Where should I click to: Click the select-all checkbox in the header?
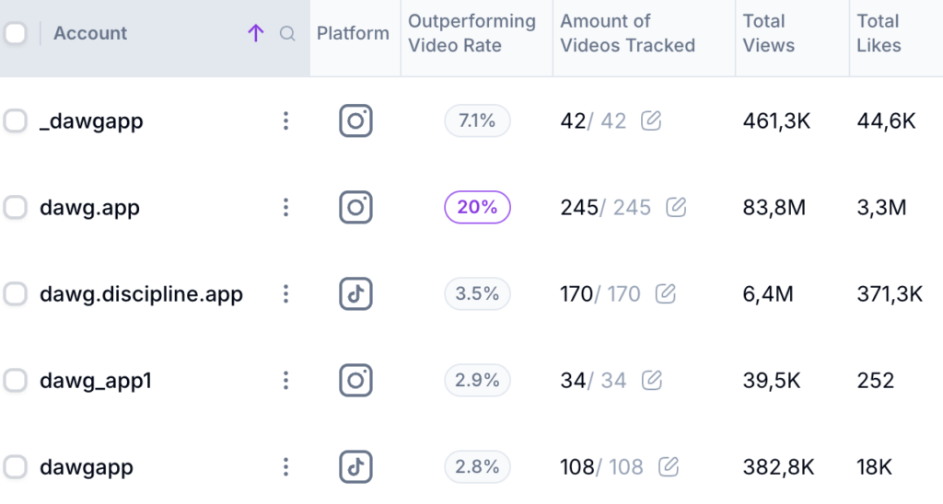click(15, 34)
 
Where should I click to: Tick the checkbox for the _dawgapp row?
click(15, 120)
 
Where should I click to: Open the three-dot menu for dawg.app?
click(286, 208)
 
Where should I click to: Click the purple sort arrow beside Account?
click(256, 34)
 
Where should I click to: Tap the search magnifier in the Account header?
click(287, 34)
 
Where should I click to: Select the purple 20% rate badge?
click(477, 208)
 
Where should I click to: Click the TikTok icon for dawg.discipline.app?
click(355, 294)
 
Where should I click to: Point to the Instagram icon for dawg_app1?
click(355, 380)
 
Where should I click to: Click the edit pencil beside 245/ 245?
click(676, 208)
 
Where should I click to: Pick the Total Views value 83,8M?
click(774, 208)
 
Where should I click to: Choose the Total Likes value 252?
click(875, 380)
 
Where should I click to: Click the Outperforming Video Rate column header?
click(471, 33)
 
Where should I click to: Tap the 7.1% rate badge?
click(477, 120)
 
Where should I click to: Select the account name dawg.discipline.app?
click(141, 294)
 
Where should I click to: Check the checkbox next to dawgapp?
click(15, 466)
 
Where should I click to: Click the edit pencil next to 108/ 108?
click(669, 466)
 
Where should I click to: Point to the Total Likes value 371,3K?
click(890, 294)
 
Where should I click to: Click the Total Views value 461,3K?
click(776, 120)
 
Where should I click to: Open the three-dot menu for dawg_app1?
click(286, 380)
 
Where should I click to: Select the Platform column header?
click(353, 33)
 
